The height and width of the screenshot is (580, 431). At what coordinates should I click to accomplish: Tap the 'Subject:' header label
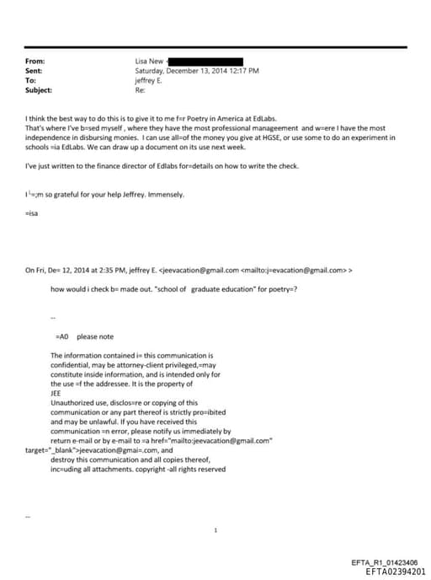pyautogui.click(x=39, y=89)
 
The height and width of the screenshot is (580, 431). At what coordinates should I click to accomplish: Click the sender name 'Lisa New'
pyautogui.click(x=150, y=62)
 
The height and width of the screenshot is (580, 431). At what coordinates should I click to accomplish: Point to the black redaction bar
pyautogui.click(x=207, y=62)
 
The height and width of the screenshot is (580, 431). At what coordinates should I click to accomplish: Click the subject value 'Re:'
pyautogui.click(x=141, y=89)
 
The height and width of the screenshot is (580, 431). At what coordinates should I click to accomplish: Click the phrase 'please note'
pyautogui.click(x=95, y=336)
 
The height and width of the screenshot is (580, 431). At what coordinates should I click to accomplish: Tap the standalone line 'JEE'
pyautogui.click(x=56, y=393)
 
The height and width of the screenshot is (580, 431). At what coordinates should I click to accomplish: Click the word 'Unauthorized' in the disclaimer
pyautogui.click(x=70, y=403)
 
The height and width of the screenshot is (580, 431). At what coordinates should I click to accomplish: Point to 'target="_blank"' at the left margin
pyautogui.click(x=50, y=450)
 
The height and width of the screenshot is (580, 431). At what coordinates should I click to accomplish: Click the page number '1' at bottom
pyautogui.click(x=216, y=530)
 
